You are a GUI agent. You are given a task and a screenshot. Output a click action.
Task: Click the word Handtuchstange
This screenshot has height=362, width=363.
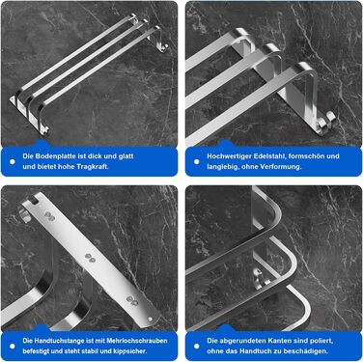(x=59, y=341)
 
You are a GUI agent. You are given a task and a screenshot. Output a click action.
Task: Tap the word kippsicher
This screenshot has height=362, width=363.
(x=130, y=350)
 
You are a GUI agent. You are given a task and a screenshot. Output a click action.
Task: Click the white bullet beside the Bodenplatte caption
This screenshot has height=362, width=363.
(x=13, y=161)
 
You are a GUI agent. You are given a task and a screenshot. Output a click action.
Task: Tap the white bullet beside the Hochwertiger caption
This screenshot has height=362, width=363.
(x=197, y=161)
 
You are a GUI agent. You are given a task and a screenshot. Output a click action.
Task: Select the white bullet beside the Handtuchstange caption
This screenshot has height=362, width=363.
(x=13, y=347)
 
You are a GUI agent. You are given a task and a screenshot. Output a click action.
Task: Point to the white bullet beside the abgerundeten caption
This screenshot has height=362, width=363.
(x=197, y=347)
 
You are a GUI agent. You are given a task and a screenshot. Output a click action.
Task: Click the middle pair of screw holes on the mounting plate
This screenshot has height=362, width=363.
(x=90, y=257)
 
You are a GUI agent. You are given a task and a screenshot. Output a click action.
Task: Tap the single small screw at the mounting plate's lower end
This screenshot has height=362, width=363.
(x=150, y=320)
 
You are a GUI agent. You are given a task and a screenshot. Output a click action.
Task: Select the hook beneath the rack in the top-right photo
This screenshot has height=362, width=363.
(x=325, y=120)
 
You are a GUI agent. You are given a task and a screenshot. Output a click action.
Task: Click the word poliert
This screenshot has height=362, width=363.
(x=322, y=341)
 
